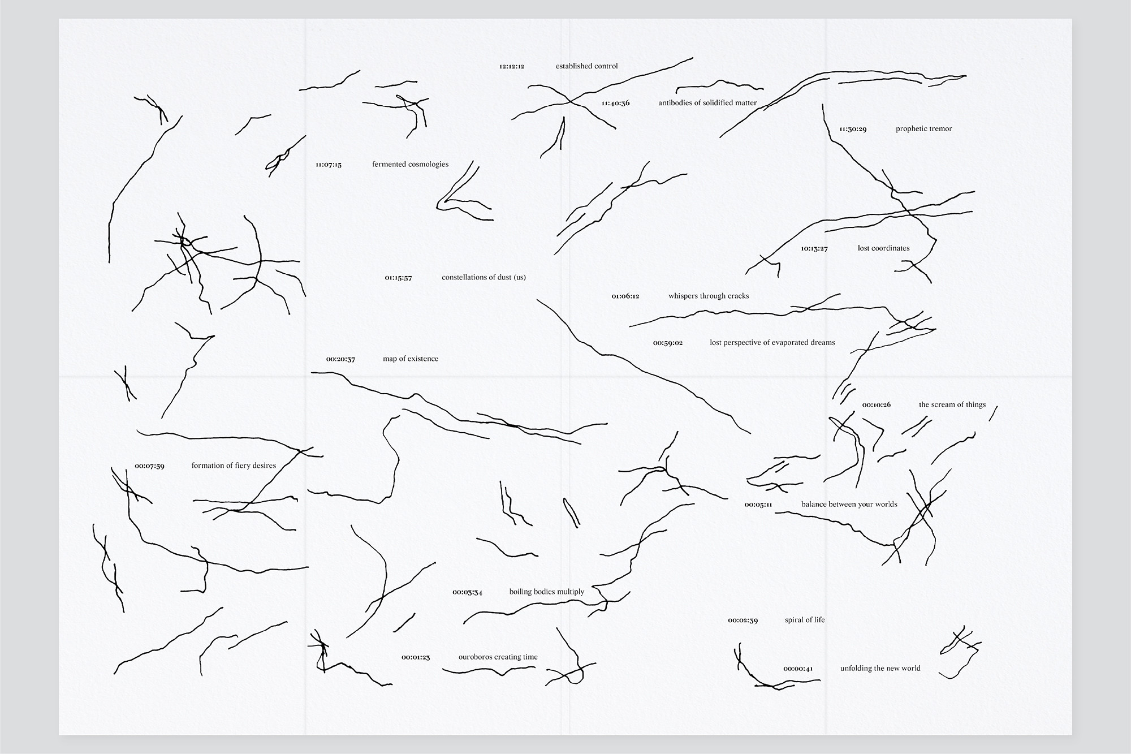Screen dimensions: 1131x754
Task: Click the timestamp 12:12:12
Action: pos(512,66)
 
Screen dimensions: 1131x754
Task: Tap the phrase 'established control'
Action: pos(586,66)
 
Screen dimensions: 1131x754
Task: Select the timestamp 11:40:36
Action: pos(615,104)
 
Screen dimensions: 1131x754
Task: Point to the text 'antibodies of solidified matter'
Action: pos(707,103)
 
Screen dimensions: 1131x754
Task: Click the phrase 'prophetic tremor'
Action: pos(923,129)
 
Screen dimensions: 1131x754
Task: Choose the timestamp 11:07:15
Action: pos(329,165)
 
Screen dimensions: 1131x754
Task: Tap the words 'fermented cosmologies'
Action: pos(410,165)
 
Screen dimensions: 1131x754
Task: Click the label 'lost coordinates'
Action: pos(883,248)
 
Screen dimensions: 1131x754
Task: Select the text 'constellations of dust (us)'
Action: pos(484,278)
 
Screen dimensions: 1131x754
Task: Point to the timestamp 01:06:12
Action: pos(625,296)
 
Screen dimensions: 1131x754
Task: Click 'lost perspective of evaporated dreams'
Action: pos(772,343)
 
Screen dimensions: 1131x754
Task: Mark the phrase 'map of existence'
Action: pos(411,359)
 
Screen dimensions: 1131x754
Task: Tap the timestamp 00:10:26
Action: pos(877,405)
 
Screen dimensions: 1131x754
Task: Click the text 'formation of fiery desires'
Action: pos(234,466)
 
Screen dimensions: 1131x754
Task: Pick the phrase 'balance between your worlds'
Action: pos(849,505)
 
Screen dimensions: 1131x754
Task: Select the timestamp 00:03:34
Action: pos(467,592)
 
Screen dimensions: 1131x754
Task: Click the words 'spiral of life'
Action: pos(804,620)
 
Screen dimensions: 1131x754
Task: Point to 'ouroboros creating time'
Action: pos(498,657)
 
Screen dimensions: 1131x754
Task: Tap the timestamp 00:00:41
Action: pos(798,669)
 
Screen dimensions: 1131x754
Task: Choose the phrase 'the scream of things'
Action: pos(952,405)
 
